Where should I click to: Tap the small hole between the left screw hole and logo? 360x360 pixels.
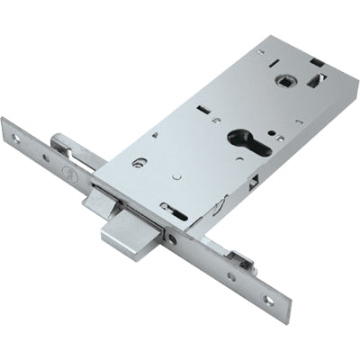(x=45, y=157)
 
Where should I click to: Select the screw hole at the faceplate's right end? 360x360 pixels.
(x=267, y=301)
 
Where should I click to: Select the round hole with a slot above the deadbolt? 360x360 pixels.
(x=139, y=163)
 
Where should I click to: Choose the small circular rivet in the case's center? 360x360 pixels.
(x=177, y=176)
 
